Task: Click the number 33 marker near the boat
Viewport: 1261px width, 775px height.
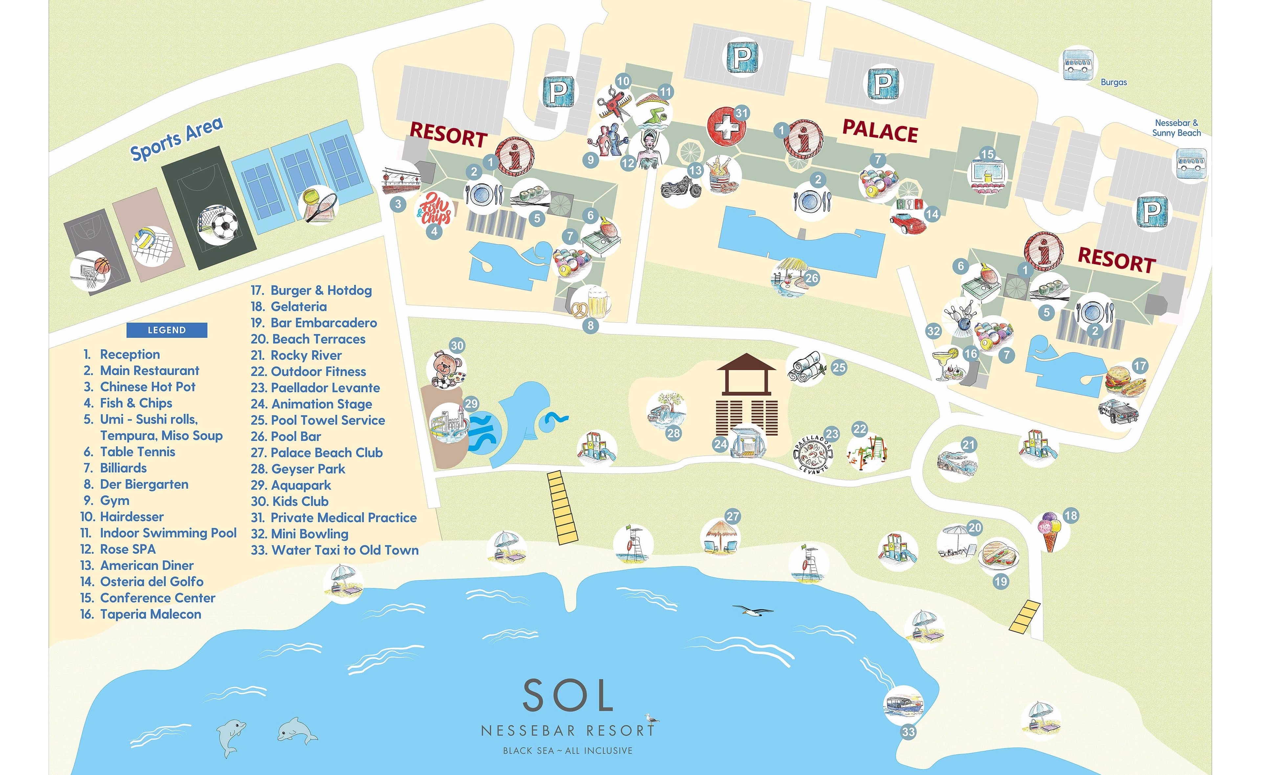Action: pos(908,731)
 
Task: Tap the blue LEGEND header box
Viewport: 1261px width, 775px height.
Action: pos(167,330)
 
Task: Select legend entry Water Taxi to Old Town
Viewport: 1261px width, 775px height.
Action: pos(335,550)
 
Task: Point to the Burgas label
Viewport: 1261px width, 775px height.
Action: pos(1114,82)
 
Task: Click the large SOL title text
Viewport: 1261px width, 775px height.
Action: pos(568,696)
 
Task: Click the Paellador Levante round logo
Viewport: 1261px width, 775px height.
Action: pos(813,453)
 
